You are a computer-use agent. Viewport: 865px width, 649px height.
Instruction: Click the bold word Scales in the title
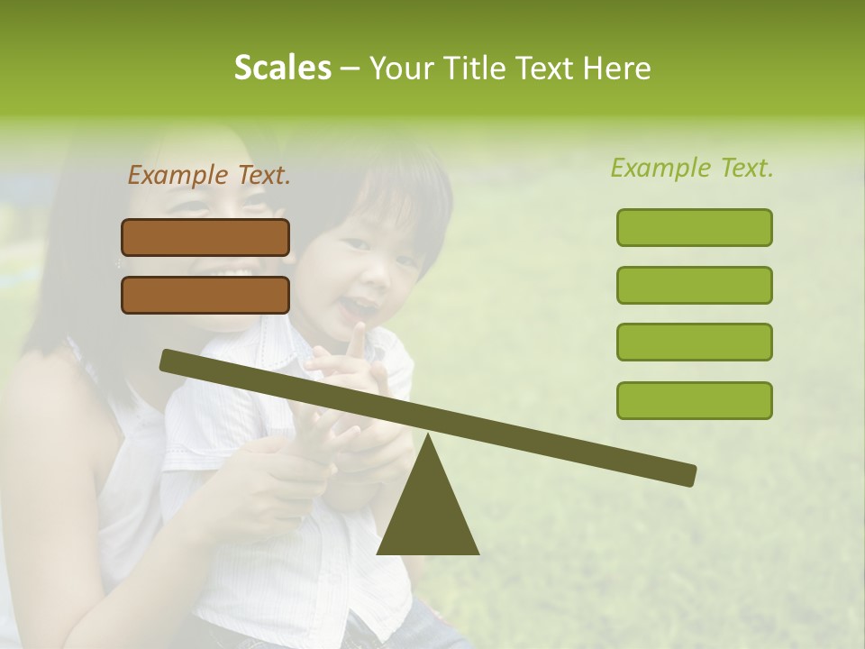(x=282, y=68)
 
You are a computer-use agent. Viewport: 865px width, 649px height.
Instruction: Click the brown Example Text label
(x=209, y=176)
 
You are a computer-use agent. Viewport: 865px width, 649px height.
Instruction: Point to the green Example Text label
(x=692, y=168)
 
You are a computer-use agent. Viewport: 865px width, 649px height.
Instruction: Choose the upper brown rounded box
(x=205, y=237)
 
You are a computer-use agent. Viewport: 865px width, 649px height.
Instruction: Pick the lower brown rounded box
(x=205, y=295)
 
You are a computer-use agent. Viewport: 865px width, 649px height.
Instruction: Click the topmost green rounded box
(x=694, y=227)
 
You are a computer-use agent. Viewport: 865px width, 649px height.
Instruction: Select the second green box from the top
(x=694, y=285)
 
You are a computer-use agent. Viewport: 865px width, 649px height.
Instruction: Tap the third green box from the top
(x=694, y=343)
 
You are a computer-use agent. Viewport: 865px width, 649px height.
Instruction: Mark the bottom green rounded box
(x=694, y=400)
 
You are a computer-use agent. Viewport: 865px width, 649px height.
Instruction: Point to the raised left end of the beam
(x=171, y=361)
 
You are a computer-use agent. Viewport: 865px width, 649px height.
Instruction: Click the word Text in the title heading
(x=543, y=68)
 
